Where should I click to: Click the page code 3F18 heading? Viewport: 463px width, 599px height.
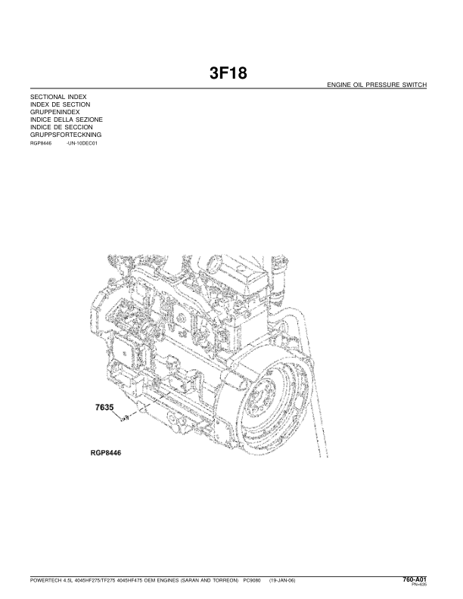coord(228,74)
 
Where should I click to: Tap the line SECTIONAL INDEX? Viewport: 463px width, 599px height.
coord(58,99)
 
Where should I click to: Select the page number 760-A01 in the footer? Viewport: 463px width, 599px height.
coord(416,578)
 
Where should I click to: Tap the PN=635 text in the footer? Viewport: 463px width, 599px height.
coord(421,584)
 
